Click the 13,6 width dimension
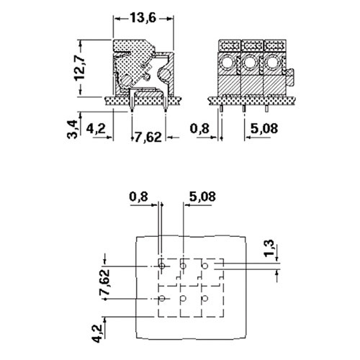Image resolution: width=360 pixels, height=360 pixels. (143, 18)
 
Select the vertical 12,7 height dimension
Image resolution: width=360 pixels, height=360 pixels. (79, 68)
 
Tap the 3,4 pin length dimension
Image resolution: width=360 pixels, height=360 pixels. (73, 130)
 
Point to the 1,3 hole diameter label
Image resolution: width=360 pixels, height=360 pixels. (269, 248)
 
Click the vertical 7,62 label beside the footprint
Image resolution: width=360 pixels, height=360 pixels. (104, 282)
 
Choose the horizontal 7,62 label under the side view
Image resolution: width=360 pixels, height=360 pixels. (148, 138)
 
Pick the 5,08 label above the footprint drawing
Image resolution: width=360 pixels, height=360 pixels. (202, 197)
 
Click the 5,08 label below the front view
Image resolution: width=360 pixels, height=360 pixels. (264, 128)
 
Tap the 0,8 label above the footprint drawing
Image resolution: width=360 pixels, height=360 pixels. (139, 197)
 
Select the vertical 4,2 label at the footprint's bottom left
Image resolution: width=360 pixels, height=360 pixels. (97, 333)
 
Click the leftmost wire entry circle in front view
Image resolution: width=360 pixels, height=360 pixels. (227, 63)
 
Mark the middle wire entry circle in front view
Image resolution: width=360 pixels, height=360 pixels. (250, 63)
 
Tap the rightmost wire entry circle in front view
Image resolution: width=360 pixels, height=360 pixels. (272, 63)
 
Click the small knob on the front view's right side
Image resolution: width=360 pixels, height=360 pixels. (290, 77)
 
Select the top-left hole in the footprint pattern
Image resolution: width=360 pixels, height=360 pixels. (162, 266)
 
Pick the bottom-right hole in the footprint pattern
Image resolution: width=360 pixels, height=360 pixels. (204, 299)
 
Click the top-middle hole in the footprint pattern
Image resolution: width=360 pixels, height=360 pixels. (183, 266)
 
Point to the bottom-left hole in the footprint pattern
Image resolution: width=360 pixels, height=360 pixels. (162, 299)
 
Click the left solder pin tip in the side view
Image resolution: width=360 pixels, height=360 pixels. (132, 112)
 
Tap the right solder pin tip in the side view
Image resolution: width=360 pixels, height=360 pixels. (166, 112)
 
